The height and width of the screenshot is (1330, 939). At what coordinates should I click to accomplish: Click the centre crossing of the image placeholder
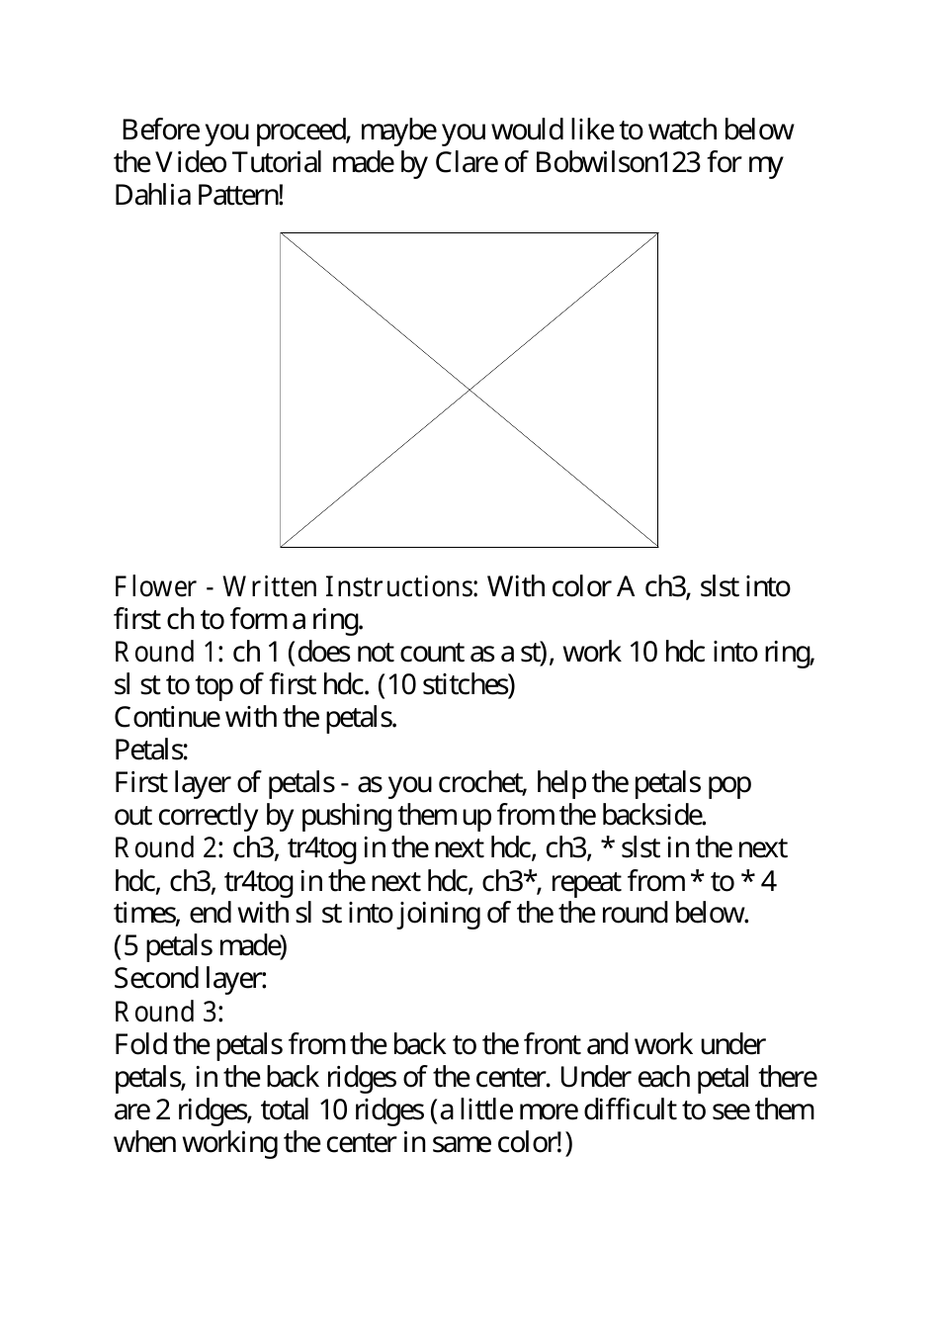click(469, 390)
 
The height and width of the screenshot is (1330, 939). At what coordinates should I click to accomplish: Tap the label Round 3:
click(169, 1012)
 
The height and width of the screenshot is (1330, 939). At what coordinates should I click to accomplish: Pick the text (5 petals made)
click(201, 946)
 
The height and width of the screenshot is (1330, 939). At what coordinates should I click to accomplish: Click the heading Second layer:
click(191, 979)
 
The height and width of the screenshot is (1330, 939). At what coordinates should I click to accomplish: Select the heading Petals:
click(151, 750)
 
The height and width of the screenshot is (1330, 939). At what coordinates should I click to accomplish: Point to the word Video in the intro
click(183, 162)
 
